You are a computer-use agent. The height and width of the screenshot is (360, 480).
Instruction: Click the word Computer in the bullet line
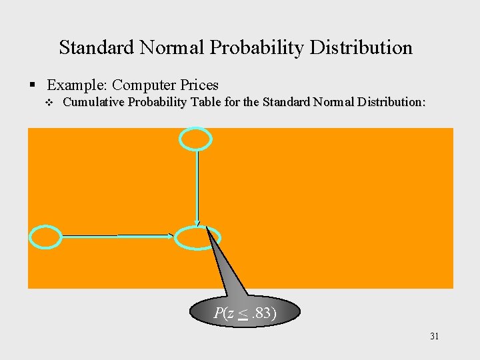tap(140, 85)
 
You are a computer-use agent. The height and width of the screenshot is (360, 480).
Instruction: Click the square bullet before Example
tap(33, 85)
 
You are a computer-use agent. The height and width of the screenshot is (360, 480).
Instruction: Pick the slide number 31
tap(434, 337)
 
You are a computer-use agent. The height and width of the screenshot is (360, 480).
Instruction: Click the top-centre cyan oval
tap(196, 139)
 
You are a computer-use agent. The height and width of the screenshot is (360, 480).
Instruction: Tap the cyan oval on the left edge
tap(46, 237)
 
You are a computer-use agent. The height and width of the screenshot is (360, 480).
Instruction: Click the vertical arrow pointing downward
tap(197, 187)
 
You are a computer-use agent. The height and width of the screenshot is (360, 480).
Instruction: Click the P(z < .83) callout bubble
tap(245, 312)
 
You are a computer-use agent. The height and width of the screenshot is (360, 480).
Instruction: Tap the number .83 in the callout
tap(263, 313)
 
